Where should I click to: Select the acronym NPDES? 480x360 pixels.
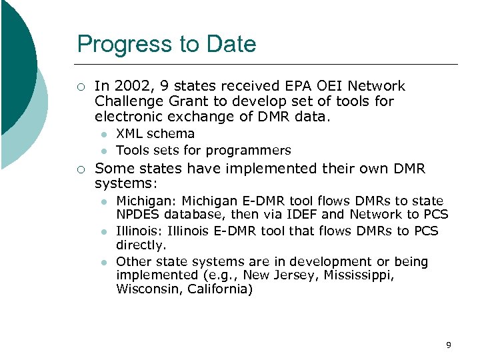click(x=138, y=215)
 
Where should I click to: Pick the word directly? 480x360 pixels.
click(x=141, y=245)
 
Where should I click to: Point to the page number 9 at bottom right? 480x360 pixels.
click(x=449, y=345)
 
